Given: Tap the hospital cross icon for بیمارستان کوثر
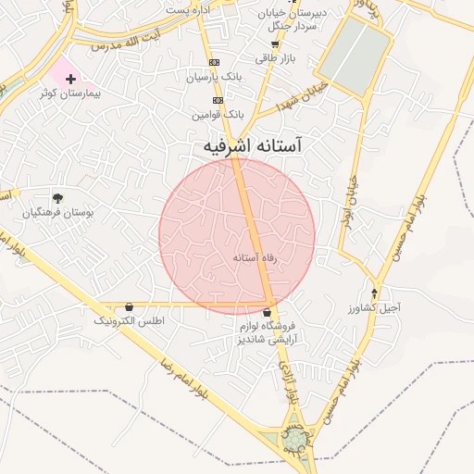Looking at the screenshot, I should [70, 80].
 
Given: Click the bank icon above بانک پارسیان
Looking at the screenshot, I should [215, 62].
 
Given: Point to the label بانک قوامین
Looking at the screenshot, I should [218, 114].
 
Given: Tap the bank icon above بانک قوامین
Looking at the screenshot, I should [218, 100].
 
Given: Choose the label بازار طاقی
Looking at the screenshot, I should [274, 57].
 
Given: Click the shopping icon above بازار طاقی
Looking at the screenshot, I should [274, 44].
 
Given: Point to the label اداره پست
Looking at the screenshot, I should [189, 8].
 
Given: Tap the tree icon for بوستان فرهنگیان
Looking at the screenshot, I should [57, 197].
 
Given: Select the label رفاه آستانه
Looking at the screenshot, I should [255, 257].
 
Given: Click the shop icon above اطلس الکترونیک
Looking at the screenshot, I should [128, 306].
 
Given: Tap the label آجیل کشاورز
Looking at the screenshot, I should [373, 306].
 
